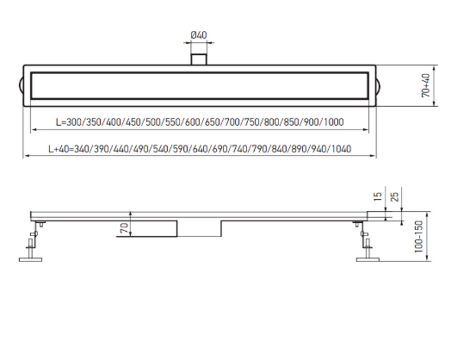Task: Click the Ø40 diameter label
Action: click(199, 35)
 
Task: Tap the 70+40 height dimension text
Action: click(426, 85)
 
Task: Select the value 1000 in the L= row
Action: click(334, 122)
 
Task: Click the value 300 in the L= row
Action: click(75, 122)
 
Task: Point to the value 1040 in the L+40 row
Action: click(342, 149)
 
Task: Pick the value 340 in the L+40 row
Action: click(83, 149)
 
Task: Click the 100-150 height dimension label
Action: click(419, 237)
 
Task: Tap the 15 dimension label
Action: click(378, 196)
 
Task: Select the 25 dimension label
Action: click(395, 196)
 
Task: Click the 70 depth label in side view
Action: click(125, 228)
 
